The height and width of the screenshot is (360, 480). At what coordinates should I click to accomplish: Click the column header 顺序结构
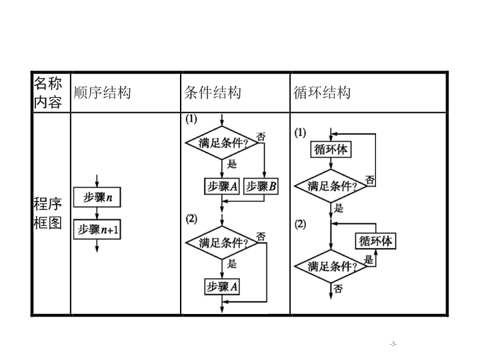coord(102,93)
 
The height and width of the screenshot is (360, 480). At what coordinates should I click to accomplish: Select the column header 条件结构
coord(213,93)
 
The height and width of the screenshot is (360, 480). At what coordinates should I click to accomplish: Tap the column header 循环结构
coord(322,93)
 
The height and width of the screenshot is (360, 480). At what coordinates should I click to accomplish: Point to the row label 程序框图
coord(48,213)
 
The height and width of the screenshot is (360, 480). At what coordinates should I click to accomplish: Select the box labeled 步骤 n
coord(97,197)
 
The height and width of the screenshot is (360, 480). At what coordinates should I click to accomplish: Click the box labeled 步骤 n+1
coord(97,229)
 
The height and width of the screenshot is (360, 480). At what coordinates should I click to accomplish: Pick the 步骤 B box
coord(261,186)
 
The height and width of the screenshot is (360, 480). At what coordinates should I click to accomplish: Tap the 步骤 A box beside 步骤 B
coord(222,186)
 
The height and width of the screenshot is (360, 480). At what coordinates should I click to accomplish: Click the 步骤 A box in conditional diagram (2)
coord(222,287)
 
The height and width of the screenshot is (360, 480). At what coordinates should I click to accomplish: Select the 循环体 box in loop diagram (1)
coord(331,149)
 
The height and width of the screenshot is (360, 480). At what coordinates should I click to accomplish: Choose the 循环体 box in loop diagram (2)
coord(375,241)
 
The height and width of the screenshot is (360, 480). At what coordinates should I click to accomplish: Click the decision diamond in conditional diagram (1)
coord(222,143)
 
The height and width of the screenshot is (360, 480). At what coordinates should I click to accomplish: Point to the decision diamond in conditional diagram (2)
coord(222,243)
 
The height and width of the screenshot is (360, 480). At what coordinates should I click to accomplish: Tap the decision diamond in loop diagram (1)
coord(331,186)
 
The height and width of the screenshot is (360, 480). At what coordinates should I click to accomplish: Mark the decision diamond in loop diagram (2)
coord(331,266)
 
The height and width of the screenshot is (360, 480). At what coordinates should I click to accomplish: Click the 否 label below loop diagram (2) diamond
coord(338,289)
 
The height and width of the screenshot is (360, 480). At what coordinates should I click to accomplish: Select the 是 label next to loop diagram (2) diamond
coord(369,260)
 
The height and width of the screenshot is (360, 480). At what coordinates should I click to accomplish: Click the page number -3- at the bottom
coord(393,344)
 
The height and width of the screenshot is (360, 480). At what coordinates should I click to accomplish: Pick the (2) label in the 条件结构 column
coord(191,219)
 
